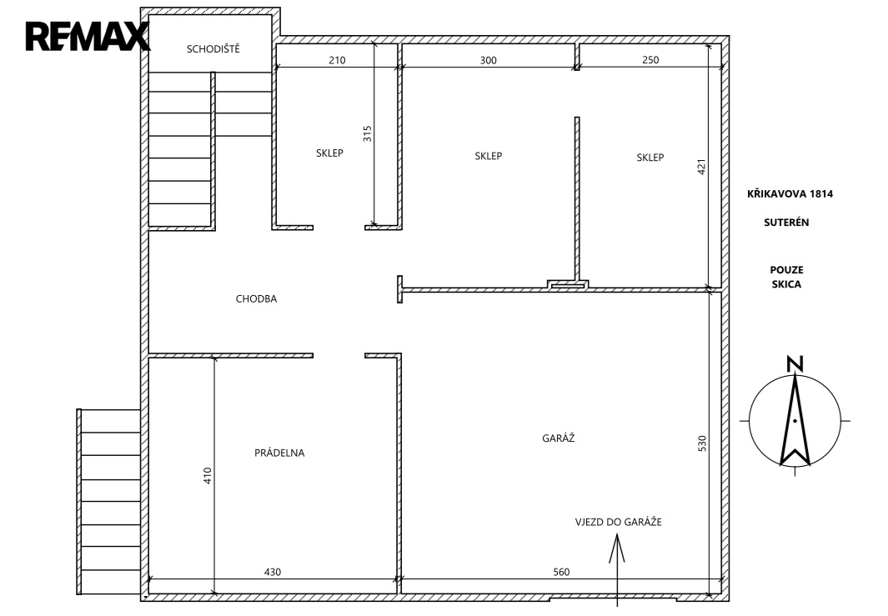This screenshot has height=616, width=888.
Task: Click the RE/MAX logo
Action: [x=88, y=37]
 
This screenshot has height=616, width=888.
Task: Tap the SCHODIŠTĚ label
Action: [x=213, y=49]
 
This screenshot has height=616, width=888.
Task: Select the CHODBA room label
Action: [x=257, y=299]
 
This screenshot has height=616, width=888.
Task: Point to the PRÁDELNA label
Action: [x=279, y=453]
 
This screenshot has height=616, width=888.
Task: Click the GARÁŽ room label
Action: [x=559, y=438]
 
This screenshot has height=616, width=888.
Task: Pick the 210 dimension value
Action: [x=337, y=60]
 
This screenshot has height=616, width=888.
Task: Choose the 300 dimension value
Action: [x=488, y=60]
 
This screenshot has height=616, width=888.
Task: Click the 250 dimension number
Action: [x=650, y=59]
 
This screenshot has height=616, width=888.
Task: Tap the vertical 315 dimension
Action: [x=368, y=133]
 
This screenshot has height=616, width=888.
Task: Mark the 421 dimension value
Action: [x=701, y=167]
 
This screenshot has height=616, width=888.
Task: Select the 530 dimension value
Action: [x=702, y=443]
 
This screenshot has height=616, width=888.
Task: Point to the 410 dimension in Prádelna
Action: [x=208, y=476]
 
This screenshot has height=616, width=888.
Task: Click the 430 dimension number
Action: [x=273, y=572]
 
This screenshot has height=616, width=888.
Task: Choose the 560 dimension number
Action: [x=561, y=572]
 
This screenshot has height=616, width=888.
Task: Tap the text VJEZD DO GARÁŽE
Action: [x=619, y=522]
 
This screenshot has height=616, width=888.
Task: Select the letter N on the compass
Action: [x=795, y=364]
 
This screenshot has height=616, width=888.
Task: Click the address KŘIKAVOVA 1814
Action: [x=790, y=193]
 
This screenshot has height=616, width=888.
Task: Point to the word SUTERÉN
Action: [x=786, y=223]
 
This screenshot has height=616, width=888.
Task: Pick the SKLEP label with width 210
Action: [x=329, y=153]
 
